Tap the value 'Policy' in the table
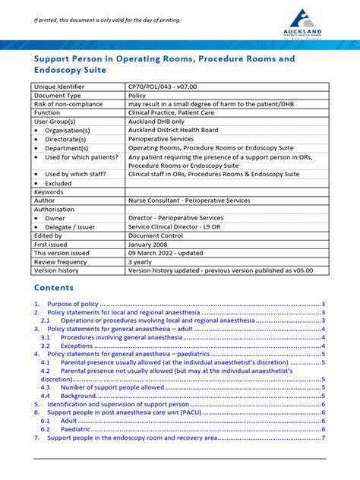pyautogui.click(x=137, y=96)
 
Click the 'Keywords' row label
pyautogui.click(x=49, y=192)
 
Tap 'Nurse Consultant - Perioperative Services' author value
pyautogui.click(x=188, y=201)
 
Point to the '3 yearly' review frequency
pyautogui.click(x=141, y=261)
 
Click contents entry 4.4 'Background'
pyautogui.click(x=78, y=396)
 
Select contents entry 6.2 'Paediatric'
pyautogui.click(x=77, y=429)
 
